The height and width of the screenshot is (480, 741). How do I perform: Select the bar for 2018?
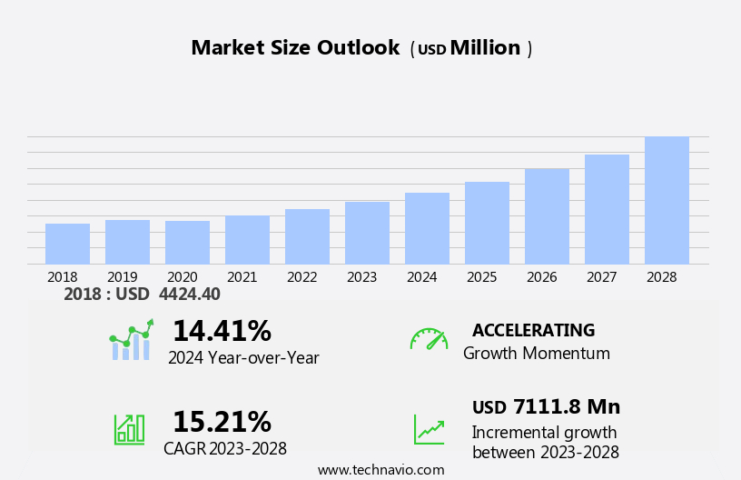click(x=67, y=244)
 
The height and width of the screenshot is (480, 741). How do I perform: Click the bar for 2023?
click(x=367, y=233)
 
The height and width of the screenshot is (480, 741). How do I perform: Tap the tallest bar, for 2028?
click(x=667, y=200)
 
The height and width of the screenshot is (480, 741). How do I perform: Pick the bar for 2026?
click(x=547, y=216)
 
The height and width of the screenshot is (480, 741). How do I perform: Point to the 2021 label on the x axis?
click(x=242, y=276)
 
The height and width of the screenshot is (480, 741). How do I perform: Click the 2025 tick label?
click(x=481, y=276)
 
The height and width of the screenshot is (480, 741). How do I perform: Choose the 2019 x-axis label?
click(x=122, y=276)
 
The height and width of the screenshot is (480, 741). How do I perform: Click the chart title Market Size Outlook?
click(x=295, y=48)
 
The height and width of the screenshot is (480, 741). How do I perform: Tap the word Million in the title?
click(x=485, y=48)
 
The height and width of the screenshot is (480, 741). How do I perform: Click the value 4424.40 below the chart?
click(x=189, y=294)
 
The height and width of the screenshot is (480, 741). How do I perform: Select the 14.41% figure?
click(x=222, y=331)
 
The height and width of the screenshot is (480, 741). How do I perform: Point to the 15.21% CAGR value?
click(x=222, y=422)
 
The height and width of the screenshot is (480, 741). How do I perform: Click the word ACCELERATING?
click(x=533, y=330)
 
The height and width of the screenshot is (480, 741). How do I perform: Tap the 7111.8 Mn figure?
click(x=566, y=406)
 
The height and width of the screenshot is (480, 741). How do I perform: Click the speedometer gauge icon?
click(x=429, y=339)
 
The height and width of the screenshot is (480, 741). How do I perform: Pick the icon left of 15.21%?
click(x=129, y=428)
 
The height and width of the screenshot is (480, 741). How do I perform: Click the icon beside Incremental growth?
click(x=429, y=429)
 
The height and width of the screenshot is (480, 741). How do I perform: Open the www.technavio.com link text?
click(x=380, y=470)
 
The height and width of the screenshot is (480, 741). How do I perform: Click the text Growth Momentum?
click(x=536, y=353)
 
